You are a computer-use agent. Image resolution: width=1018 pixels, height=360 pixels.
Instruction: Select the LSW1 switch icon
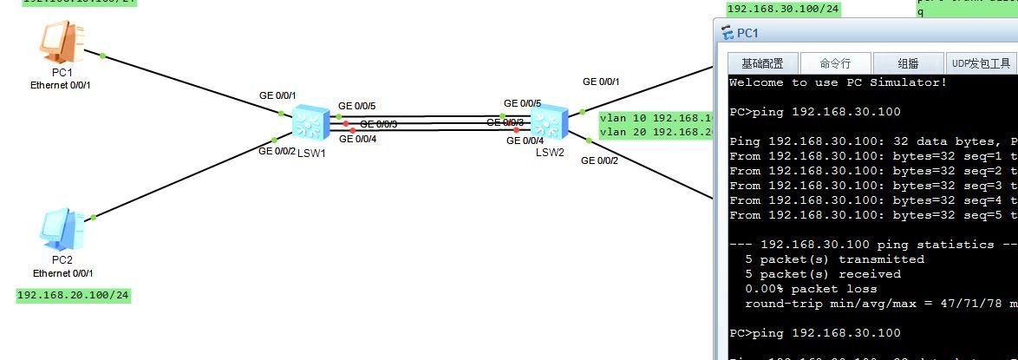pos(307,123)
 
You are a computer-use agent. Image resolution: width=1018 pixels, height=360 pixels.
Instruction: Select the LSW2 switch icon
pos(548,121)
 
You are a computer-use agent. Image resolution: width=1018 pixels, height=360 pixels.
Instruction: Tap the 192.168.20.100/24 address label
pos(73,296)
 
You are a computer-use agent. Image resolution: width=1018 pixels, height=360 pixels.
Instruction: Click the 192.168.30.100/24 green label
pos(784,10)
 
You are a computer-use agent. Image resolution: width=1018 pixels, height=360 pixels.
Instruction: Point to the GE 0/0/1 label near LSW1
pos(277,95)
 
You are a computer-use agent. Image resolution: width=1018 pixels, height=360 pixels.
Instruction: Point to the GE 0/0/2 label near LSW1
pos(277,152)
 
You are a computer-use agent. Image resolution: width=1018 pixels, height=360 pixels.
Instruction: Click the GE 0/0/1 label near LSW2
pos(601,82)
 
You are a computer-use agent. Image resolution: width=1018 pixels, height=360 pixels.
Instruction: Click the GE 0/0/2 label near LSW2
pos(599,160)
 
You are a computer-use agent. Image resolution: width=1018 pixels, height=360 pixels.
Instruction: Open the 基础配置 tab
pos(761,63)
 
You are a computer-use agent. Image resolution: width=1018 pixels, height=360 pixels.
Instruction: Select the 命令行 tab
pos(835,63)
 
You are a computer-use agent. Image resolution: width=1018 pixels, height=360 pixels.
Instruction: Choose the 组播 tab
pos(908,63)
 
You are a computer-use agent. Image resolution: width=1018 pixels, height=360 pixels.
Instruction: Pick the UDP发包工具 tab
pos(981,63)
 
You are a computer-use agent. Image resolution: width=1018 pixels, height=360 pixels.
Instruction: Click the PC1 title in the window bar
pos(747,34)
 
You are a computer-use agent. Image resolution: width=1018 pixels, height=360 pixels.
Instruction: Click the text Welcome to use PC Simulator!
pos(838,82)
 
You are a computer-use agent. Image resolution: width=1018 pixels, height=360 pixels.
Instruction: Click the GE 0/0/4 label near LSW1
pos(356,139)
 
